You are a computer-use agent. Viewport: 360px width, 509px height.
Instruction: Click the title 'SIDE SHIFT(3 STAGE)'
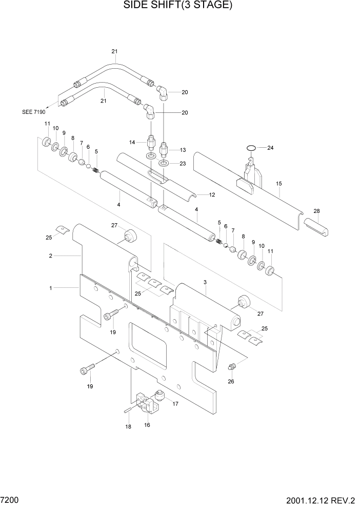coord(180,6)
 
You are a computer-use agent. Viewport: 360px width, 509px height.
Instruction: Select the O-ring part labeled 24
coord(250,148)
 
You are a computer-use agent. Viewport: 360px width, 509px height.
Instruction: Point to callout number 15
coord(279,183)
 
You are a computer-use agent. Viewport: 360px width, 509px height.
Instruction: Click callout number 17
coord(175,404)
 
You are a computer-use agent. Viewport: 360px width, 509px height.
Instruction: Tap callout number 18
coord(128,427)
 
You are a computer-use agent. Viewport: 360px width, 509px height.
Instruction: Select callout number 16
coord(147,425)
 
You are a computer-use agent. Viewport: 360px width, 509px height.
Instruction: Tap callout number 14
coord(132,142)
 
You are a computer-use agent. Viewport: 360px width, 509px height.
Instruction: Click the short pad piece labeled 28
coord(316,225)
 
